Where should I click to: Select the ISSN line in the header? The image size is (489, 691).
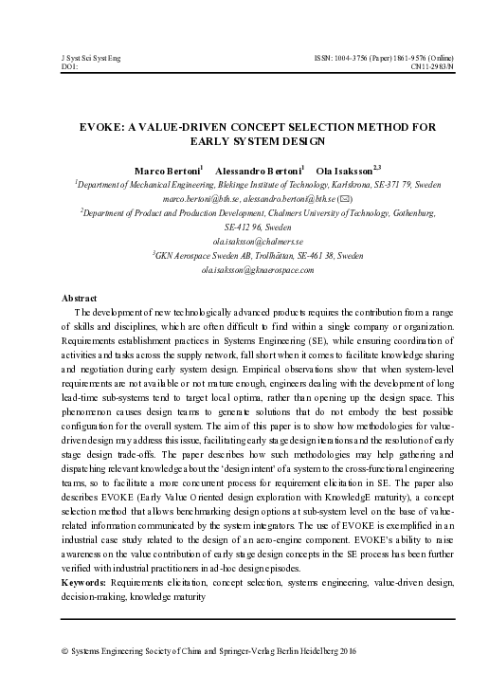375,58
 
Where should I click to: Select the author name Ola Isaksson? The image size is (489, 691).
346,170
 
